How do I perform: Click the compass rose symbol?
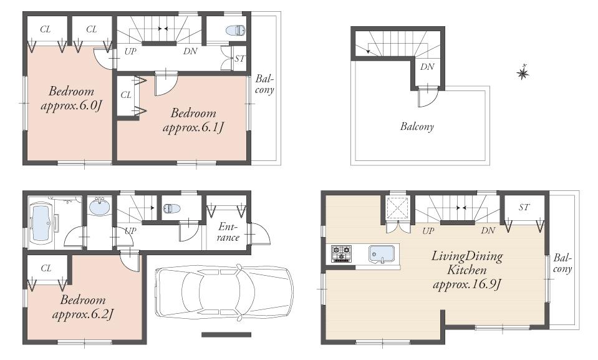tap(523, 74)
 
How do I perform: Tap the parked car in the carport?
tap(223, 293)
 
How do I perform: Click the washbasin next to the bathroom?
tap(99, 206)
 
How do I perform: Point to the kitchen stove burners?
tap(341, 253)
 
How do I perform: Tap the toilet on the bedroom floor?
tap(236, 30)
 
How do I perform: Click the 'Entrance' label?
tap(228, 232)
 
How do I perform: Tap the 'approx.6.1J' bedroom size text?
tap(193, 128)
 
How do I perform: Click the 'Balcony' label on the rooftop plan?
tap(417, 127)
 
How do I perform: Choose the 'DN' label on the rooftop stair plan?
tap(427, 67)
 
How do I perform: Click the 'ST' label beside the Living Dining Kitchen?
tap(524, 207)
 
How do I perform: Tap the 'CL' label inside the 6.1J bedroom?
tap(126, 95)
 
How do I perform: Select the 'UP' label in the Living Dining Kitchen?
tap(428, 231)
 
